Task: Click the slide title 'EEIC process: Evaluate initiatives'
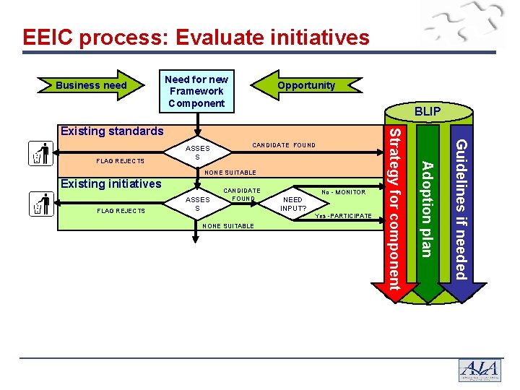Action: (196, 38)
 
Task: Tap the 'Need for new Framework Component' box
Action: (196, 91)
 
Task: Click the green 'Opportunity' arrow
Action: (306, 85)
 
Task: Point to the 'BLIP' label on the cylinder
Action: (428, 112)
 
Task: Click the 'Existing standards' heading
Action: (112, 131)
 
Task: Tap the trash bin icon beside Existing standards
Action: (41, 154)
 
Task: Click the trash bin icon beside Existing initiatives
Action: (41, 204)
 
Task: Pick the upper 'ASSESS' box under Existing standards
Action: (197, 152)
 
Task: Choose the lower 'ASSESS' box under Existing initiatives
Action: (197, 204)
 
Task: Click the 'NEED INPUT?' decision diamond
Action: (293, 204)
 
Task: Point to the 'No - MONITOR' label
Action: (344, 192)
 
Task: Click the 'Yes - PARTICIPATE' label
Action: (343, 217)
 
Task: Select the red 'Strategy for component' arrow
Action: (395, 209)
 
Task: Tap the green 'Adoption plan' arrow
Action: (428, 209)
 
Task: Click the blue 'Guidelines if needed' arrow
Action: (461, 209)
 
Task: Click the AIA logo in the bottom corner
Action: (479, 370)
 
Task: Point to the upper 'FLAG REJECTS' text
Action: (120, 161)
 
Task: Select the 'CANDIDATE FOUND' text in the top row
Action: (284, 145)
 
